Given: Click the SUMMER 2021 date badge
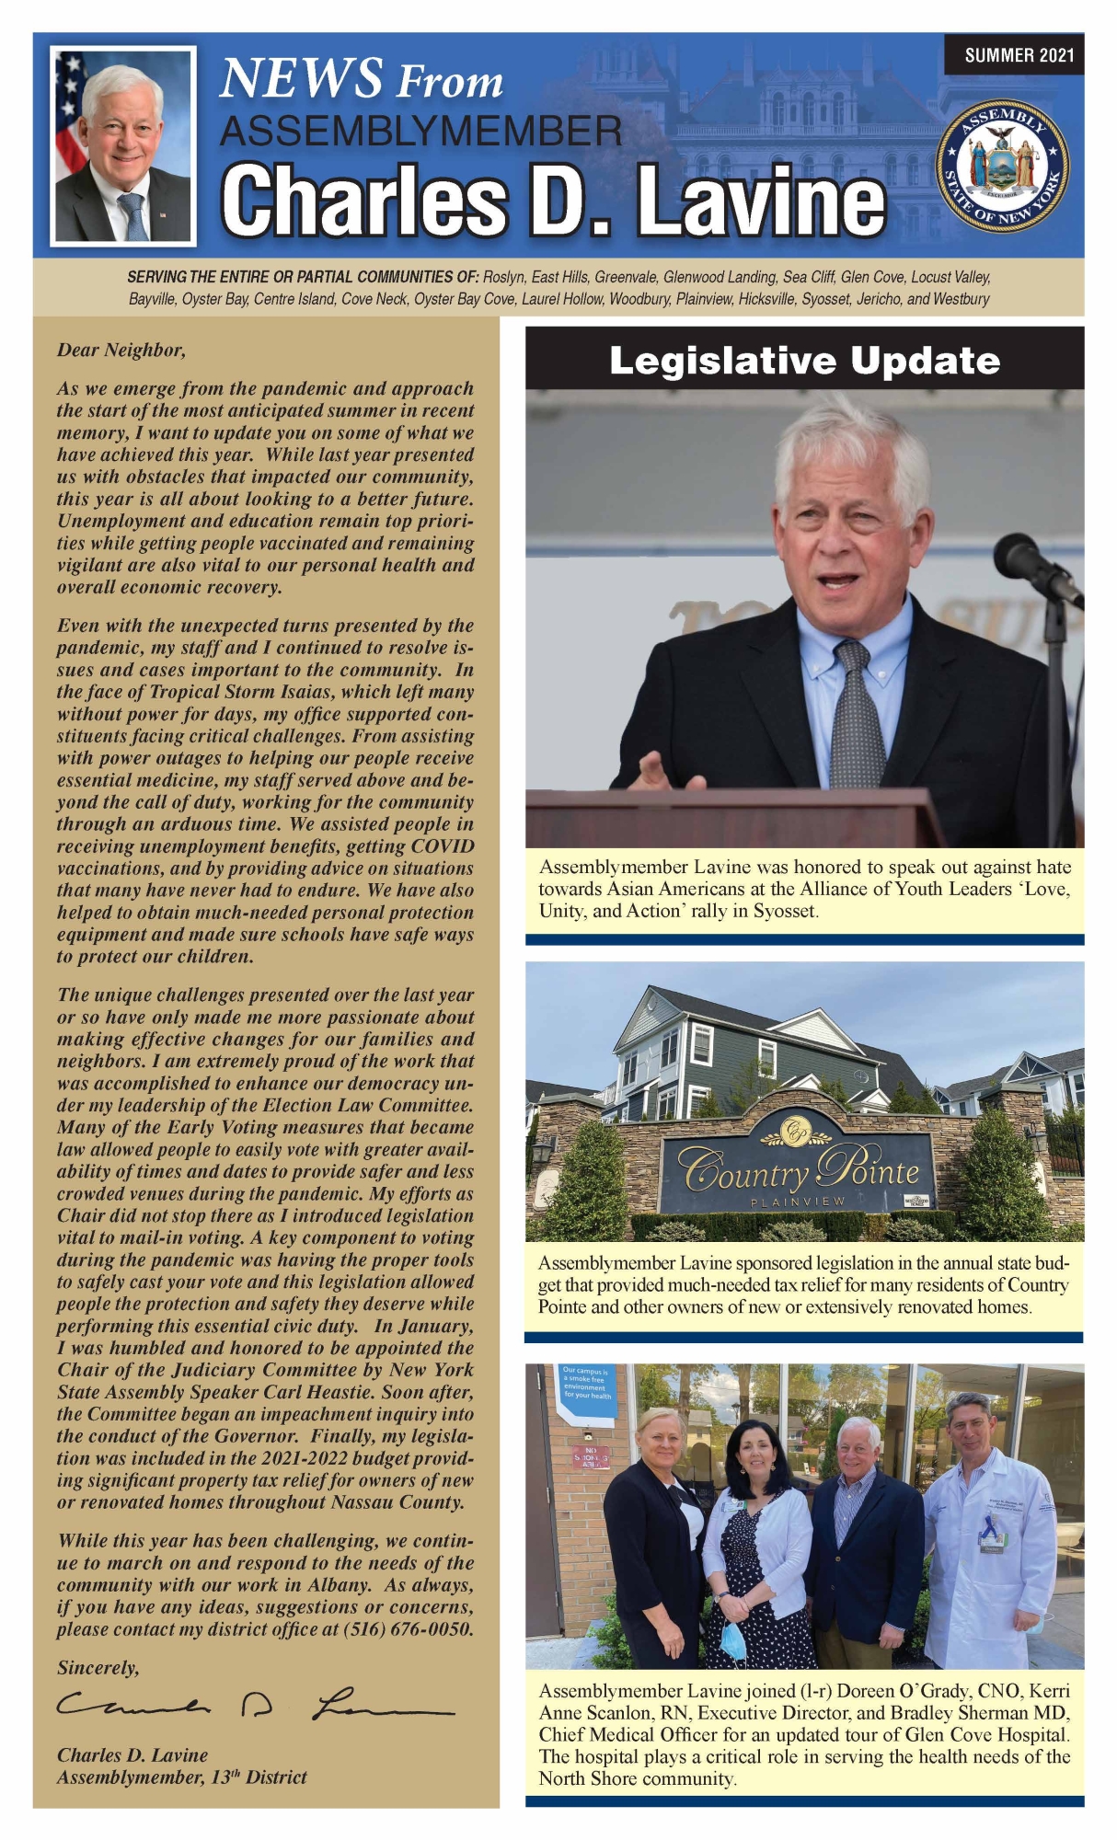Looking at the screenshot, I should [x=1019, y=55].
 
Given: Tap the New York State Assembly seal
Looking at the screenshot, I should [x=1002, y=166].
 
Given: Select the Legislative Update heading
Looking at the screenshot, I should [x=804, y=361].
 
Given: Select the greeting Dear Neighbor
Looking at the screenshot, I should [x=121, y=350].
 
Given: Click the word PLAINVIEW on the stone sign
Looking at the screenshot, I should [x=797, y=1202].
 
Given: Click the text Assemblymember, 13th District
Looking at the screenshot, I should [x=181, y=1777].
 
